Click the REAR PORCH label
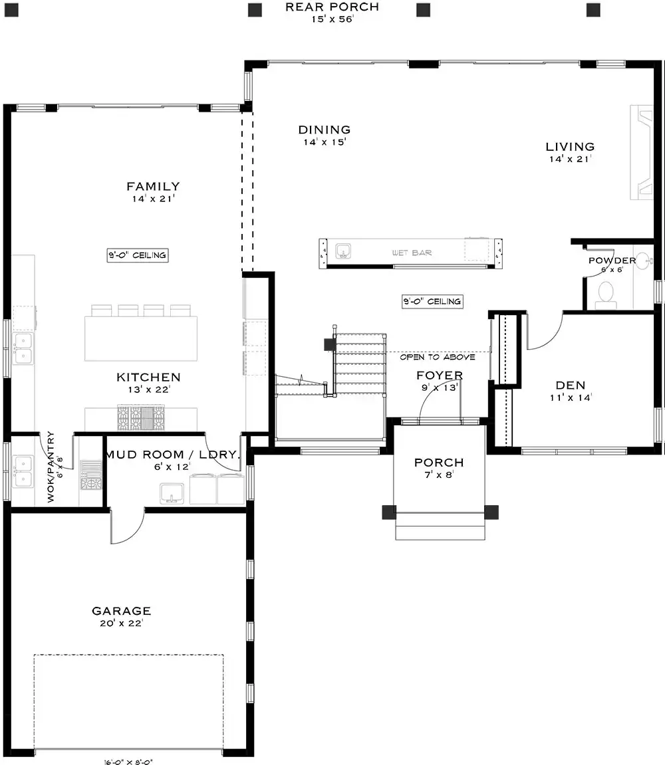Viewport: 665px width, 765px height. tap(332, 7)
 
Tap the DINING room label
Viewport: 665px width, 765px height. tap(325, 130)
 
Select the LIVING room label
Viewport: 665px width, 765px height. tap(571, 147)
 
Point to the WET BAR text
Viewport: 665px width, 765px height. tap(412, 253)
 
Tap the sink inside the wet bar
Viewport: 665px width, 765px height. tap(343, 251)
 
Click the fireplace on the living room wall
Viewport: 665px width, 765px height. tap(642, 152)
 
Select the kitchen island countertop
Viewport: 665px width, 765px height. tap(141, 338)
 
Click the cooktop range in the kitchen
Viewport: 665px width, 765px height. tap(140, 417)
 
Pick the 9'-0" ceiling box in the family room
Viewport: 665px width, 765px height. tap(138, 255)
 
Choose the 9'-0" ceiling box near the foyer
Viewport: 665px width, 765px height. tap(433, 302)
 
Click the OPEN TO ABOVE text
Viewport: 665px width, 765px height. tap(438, 357)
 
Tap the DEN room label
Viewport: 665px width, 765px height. tap(571, 385)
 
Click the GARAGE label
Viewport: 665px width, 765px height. tap(122, 611)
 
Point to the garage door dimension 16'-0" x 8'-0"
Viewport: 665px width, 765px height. tap(128, 762)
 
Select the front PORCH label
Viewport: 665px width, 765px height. tap(439, 463)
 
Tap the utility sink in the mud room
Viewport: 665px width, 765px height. tap(172, 494)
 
